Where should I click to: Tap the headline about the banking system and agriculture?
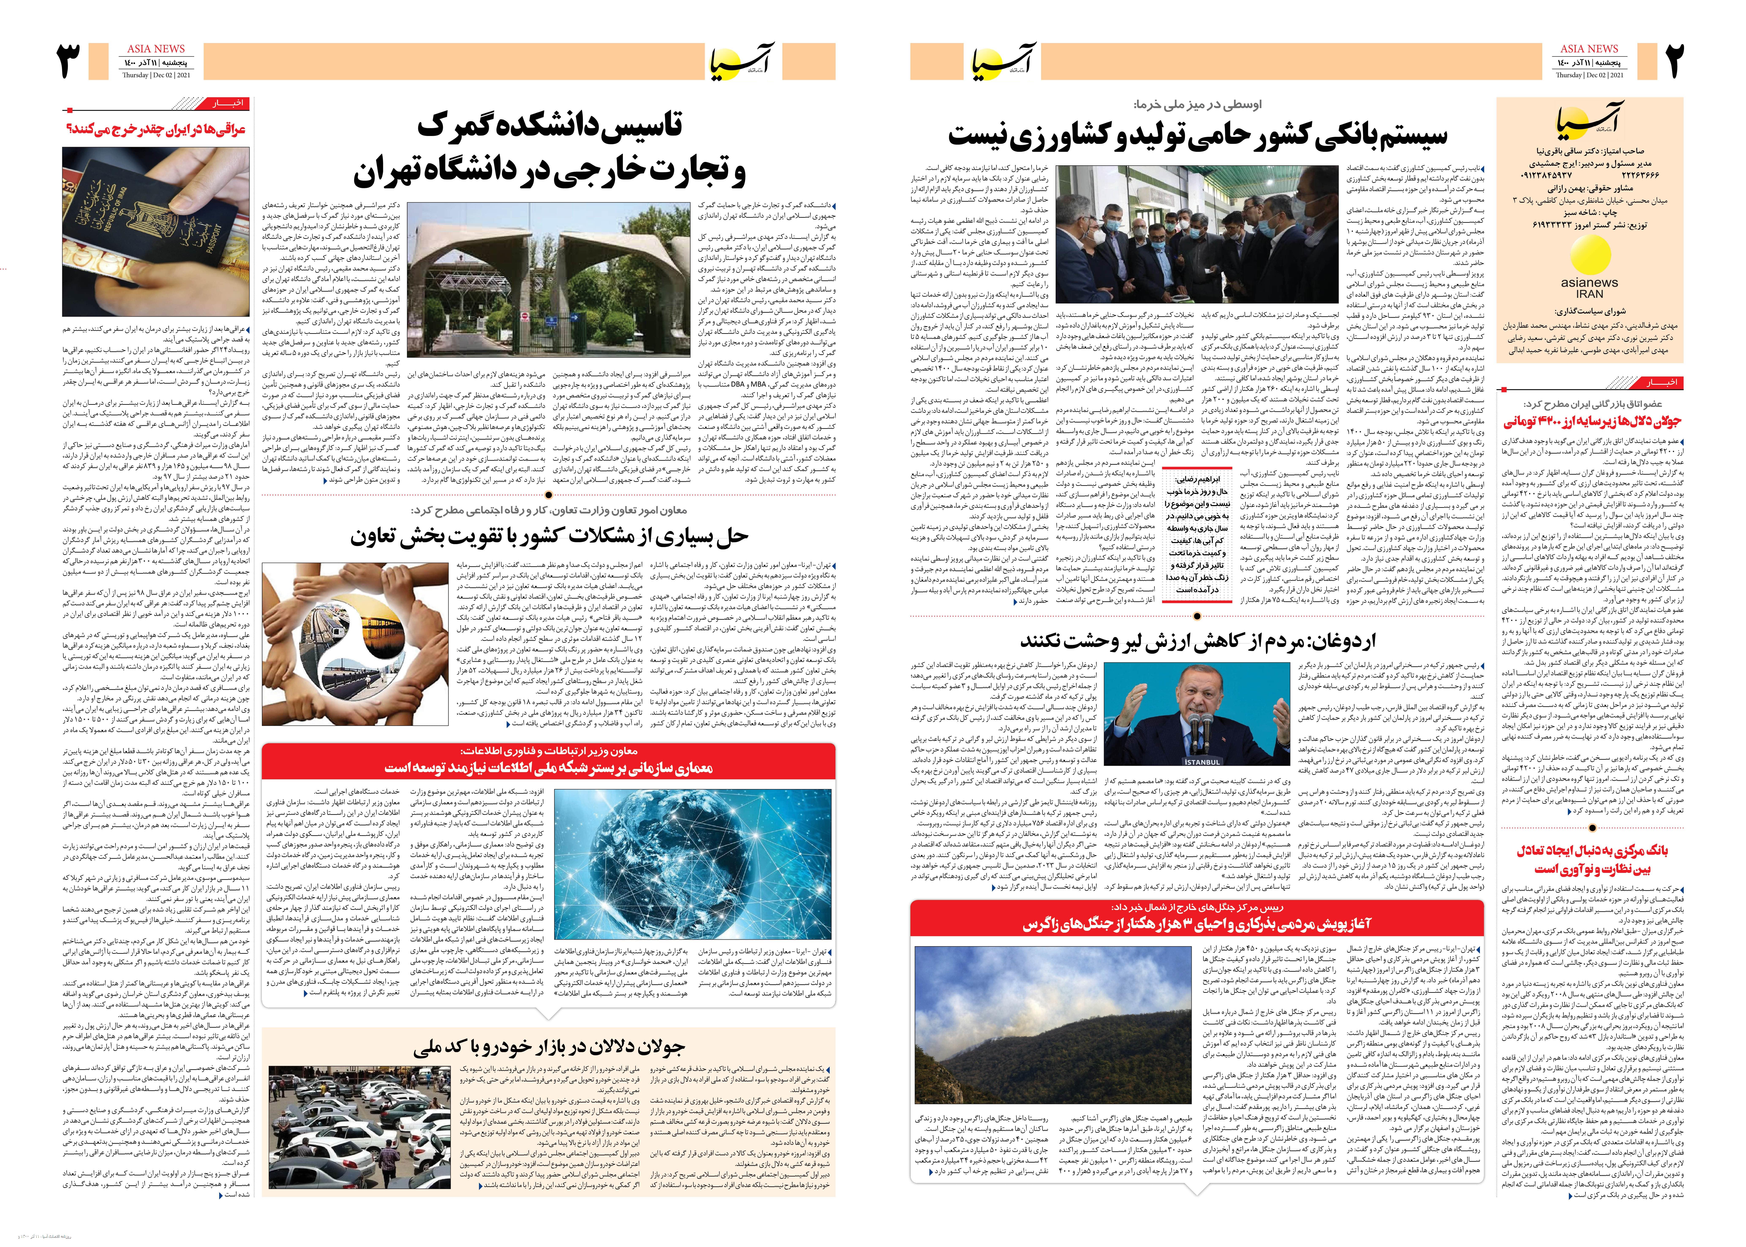click(x=1198, y=135)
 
